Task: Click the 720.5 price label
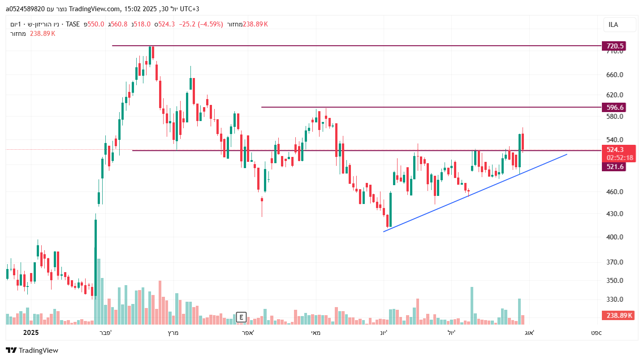(x=614, y=46)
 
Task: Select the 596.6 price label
(x=614, y=107)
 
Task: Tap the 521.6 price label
(x=614, y=167)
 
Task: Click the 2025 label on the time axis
(x=31, y=333)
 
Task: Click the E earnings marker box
(x=241, y=317)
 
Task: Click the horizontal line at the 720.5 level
(x=359, y=46)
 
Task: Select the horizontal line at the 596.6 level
(x=430, y=107)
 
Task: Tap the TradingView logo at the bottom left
(x=32, y=350)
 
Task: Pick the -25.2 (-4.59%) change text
(x=201, y=24)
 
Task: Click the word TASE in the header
(x=73, y=24)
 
